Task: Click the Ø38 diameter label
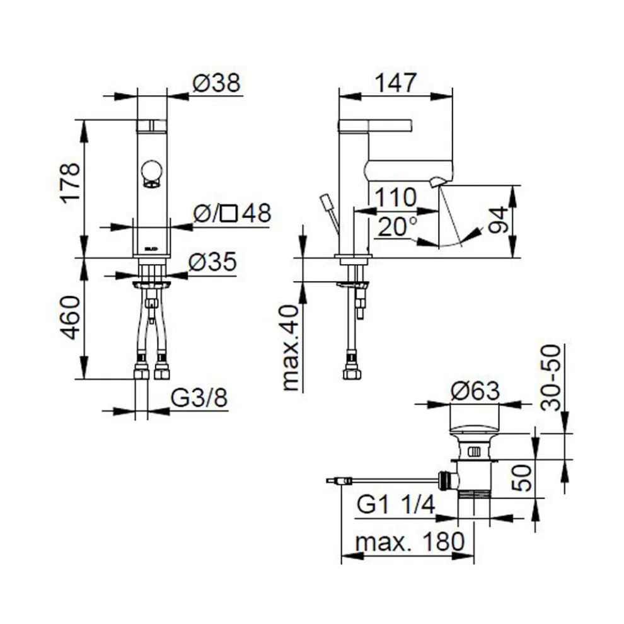pos(217,84)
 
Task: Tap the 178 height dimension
pos(71,182)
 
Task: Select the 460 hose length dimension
pos(71,317)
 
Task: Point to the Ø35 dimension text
pos(214,262)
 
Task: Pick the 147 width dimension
pos(396,83)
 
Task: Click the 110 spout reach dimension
pos(396,198)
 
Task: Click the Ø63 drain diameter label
pos(475,391)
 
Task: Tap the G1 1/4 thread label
pos(396,505)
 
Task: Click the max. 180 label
pos(409,541)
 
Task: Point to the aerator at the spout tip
pos(436,183)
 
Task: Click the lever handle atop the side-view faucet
pos(374,125)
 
